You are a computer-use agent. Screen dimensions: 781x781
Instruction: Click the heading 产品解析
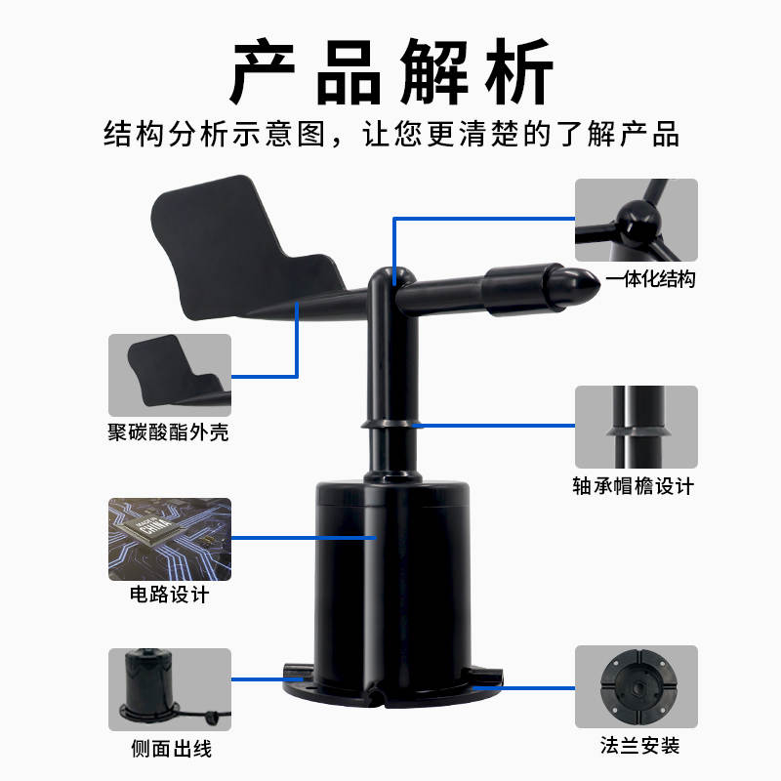390,70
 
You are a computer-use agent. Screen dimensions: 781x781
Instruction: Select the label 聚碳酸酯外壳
168,432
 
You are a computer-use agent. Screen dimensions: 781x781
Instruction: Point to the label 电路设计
168,594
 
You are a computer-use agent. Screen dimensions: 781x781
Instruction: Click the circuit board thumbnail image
169,540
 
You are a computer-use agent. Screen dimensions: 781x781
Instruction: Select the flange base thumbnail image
636,686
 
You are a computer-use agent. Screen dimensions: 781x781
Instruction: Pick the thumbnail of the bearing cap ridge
636,427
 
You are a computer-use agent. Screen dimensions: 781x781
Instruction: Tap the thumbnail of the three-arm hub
636,220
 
